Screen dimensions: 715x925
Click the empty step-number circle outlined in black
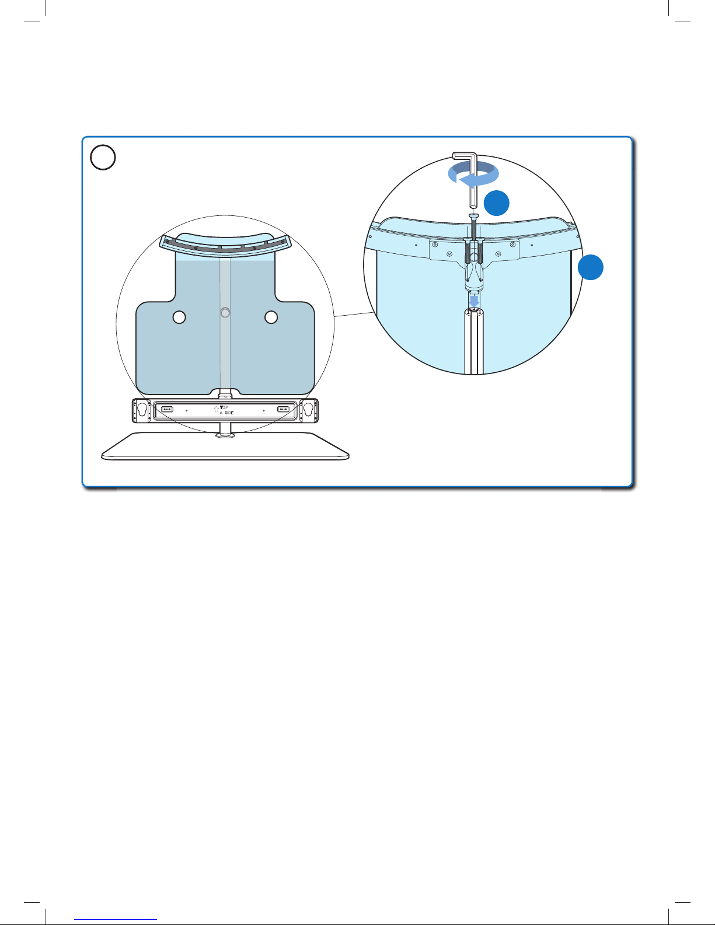103,158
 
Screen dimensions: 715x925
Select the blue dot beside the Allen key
496,203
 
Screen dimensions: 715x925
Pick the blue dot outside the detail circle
591,267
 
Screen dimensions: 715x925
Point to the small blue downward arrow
474,299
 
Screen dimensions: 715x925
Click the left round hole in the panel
180,317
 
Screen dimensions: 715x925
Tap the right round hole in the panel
271,317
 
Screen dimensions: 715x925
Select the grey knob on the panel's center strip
225,313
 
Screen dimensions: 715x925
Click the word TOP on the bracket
224,407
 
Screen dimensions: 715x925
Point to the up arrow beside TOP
217,409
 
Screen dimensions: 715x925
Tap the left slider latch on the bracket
167,409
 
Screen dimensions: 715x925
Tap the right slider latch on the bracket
284,409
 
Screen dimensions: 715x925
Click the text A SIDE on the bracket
226,413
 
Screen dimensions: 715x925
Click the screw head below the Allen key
473,216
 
